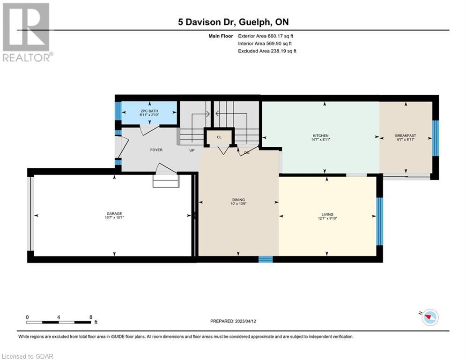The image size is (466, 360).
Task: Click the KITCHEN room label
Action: pyautogui.click(x=320, y=135)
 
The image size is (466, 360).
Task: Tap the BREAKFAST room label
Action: pyautogui.click(x=406, y=135)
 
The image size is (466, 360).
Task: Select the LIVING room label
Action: pyautogui.click(x=327, y=215)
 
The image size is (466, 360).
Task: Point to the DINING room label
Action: pyautogui.click(x=238, y=200)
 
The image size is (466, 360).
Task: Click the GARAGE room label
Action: pyautogui.click(x=114, y=214)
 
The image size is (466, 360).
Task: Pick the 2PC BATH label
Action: pyautogui.click(x=149, y=111)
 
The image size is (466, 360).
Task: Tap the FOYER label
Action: pyautogui.click(x=156, y=150)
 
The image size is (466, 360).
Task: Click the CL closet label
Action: pyautogui.click(x=219, y=137)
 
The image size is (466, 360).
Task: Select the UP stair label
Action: pyautogui.click(x=192, y=150)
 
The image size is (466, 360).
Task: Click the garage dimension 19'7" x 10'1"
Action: pyautogui.click(x=114, y=217)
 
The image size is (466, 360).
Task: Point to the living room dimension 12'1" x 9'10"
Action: pyautogui.click(x=327, y=218)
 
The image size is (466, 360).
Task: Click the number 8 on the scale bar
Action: pyautogui.click(x=91, y=317)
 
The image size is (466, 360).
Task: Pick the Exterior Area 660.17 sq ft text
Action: pyautogui.click(x=266, y=36)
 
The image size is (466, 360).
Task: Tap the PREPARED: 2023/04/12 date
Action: pyautogui.click(x=233, y=321)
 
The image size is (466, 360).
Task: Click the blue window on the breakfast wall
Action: pyautogui.click(x=435, y=138)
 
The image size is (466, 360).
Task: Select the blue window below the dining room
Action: pyautogui.click(x=266, y=259)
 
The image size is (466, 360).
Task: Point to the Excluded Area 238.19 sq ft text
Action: pyautogui.click(x=267, y=51)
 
